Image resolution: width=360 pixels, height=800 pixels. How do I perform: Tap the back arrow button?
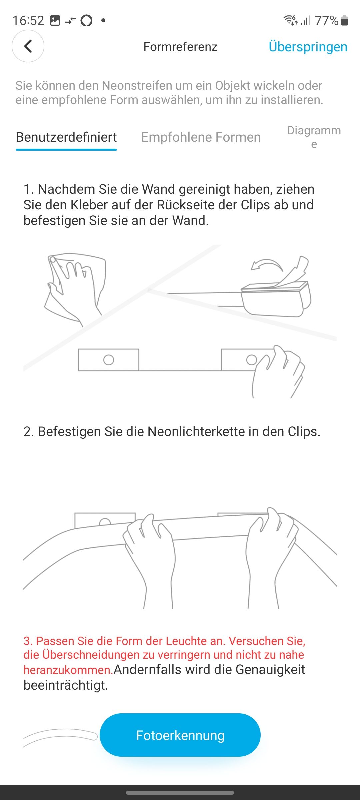click(28, 46)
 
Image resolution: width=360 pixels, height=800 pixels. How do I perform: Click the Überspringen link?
click(308, 47)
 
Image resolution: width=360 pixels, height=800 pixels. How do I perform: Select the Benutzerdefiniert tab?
click(66, 137)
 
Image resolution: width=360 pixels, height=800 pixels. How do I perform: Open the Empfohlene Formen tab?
click(201, 137)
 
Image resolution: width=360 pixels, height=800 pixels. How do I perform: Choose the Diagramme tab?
click(314, 137)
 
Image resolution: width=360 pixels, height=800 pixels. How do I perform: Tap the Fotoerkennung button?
click(180, 735)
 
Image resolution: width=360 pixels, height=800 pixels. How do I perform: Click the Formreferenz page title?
click(180, 47)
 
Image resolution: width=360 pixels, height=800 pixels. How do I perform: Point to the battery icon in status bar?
click(345, 20)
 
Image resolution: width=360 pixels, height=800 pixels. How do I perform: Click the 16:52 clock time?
click(28, 21)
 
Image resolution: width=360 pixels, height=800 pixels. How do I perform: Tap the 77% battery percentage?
click(327, 21)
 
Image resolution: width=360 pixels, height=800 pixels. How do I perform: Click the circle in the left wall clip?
click(109, 360)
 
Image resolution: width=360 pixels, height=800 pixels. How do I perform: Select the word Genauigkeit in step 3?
click(270, 669)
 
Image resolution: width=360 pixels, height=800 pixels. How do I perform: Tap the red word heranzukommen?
click(68, 670)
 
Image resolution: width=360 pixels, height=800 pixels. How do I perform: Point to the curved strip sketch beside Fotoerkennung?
click(60, 737)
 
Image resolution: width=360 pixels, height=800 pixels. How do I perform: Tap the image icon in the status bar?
click(55, 21)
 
